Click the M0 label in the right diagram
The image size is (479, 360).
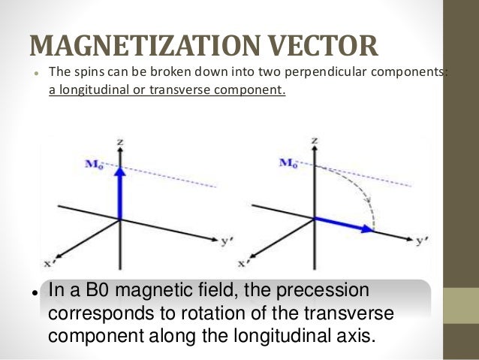(288, 162)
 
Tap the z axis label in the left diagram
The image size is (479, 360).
(119, 141)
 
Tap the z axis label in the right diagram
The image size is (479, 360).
(315, 141)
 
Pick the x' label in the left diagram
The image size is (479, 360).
(50, 263)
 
